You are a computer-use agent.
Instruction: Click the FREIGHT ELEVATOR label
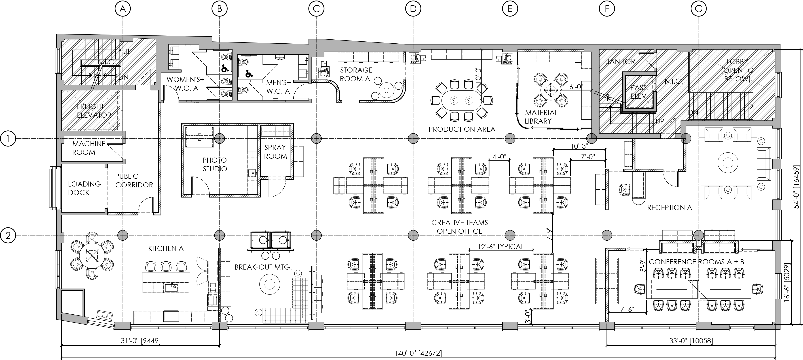pyautogui.click(x=94, y=111)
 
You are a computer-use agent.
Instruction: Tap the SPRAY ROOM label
pyautogui.click(x=275, y=152)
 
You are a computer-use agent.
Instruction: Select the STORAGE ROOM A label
pyautogui.click(x=356, y=75)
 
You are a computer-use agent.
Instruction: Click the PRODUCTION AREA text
pyautogui.click(x=462, y=129)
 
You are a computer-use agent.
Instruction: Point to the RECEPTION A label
pyautogui.click(x=669, y=207)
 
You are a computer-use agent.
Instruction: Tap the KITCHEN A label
pyautogui.click(x=166, y=248)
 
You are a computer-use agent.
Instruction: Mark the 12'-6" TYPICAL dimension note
pyautogui.click(x=501, y=247)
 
